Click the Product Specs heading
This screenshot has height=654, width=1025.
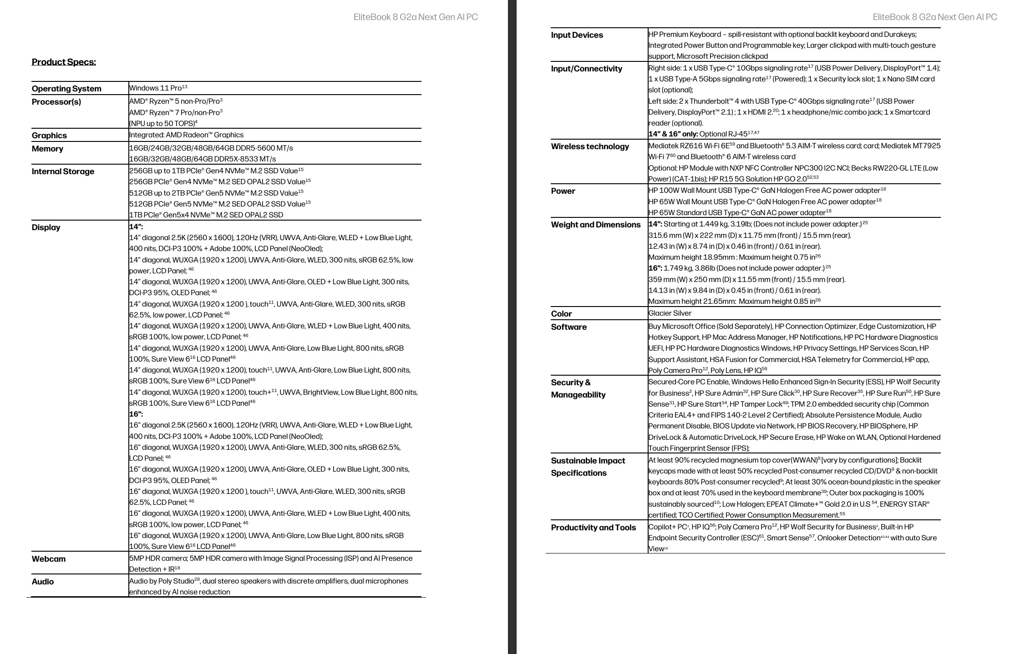64,62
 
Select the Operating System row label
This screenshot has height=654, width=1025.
66,89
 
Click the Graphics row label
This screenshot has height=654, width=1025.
49,136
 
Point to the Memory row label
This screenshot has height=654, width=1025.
47,149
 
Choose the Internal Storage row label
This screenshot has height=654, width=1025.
63,171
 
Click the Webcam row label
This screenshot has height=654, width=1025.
49,559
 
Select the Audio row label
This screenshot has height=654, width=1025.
43,582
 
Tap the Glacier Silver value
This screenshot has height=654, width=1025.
670,313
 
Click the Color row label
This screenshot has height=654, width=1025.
561,314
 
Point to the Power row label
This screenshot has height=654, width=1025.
563,191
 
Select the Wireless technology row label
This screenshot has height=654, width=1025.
590,146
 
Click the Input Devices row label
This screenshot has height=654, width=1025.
577,35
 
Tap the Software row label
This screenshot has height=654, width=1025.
568,327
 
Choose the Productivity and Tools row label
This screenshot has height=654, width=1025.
593,528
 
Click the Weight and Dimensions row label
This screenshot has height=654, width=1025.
595,225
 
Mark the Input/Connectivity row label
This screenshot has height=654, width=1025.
586,69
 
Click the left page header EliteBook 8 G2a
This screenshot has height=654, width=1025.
416,17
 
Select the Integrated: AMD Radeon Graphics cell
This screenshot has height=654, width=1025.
186,135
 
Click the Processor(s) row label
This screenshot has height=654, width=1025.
56,102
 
